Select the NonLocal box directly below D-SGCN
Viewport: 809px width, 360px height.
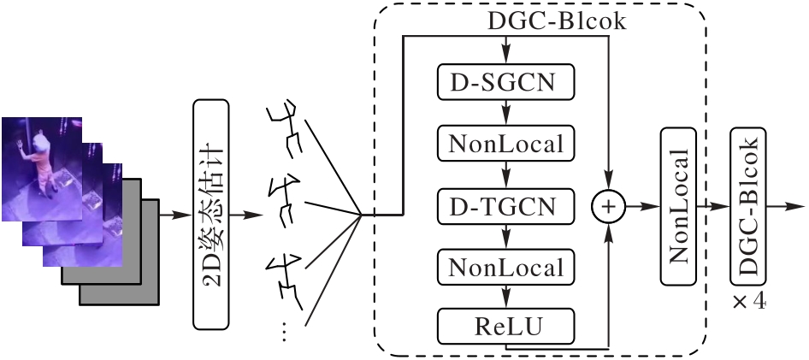505,143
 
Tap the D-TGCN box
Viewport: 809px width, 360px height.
505,205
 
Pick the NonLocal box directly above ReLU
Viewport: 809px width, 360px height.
505,268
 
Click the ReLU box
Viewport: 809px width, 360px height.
505,326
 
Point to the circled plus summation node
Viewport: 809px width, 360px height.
609,206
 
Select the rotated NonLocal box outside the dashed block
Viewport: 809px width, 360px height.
678,206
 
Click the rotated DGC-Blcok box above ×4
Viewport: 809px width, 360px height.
749,206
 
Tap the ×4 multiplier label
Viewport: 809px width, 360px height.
748,304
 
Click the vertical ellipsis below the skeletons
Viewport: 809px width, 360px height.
285,333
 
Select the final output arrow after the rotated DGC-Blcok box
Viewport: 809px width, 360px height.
786,206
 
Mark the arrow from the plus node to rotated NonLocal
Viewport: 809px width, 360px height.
643,206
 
